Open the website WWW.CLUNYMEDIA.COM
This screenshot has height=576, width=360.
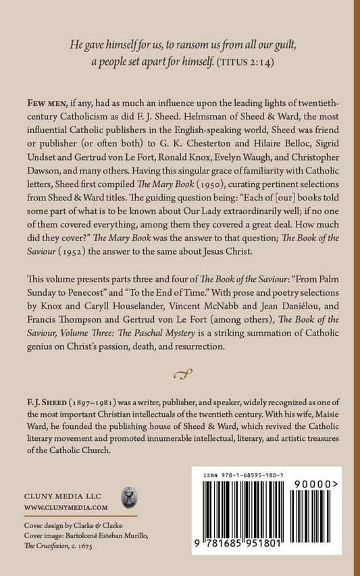[x=66, y=506]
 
